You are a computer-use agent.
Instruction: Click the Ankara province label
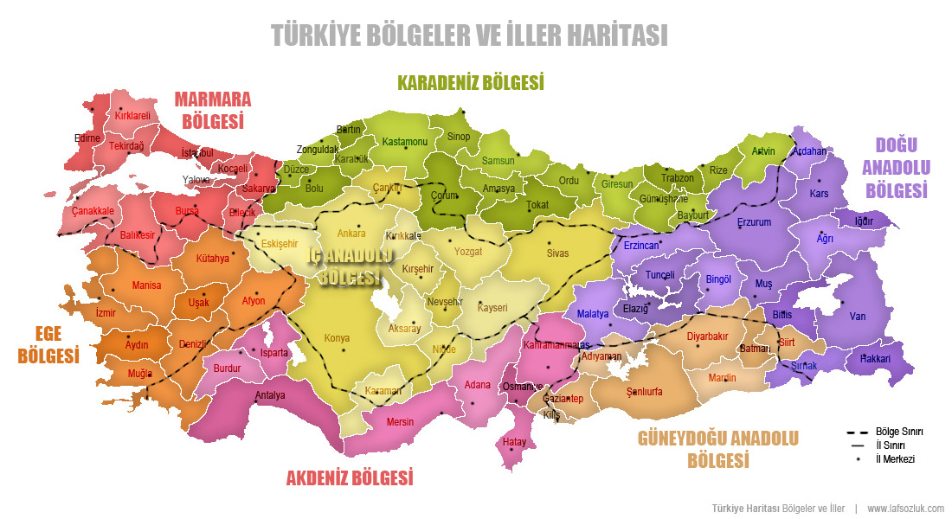pyautogui.click(x=351, y=234)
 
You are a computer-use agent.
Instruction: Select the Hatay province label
pyautogui.click(x=514, y=442)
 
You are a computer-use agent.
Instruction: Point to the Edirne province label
pyautogui.click(x=87, y=138)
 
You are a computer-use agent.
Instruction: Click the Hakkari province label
pyautogui.click(x=875, y=358)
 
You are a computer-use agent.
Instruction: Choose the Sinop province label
pyautogui.click(x=458, y=137)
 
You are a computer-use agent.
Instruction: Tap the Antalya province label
pyautogui.click(x=270, y=396)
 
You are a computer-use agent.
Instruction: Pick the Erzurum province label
pyautogui.click(x=753, y=222)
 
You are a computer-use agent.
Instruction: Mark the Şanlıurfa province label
pyautogui.click(x=644, y=392)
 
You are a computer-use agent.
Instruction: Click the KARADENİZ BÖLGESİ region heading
pyautogui.click(x=470, y=83)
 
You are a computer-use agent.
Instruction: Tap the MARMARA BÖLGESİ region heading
pyautogui.click(x=212, y=109)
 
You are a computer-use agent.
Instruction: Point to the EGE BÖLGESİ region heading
pyautogui.click(x=48, y=343)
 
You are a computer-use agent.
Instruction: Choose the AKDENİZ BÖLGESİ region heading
pyautogui.click(x=349, y=477)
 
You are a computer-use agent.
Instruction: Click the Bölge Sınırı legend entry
pyautogui.click(x=899, y=431)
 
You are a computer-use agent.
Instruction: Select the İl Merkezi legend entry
pyautogui.click(x=895, y=459)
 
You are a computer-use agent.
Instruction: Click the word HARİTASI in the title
pyautogui.click(x=616, y=35)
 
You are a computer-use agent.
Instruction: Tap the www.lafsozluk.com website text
pyautogui.click(x=905, y=508)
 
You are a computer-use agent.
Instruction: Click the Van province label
pyautogui.click(x=857, y=317)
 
